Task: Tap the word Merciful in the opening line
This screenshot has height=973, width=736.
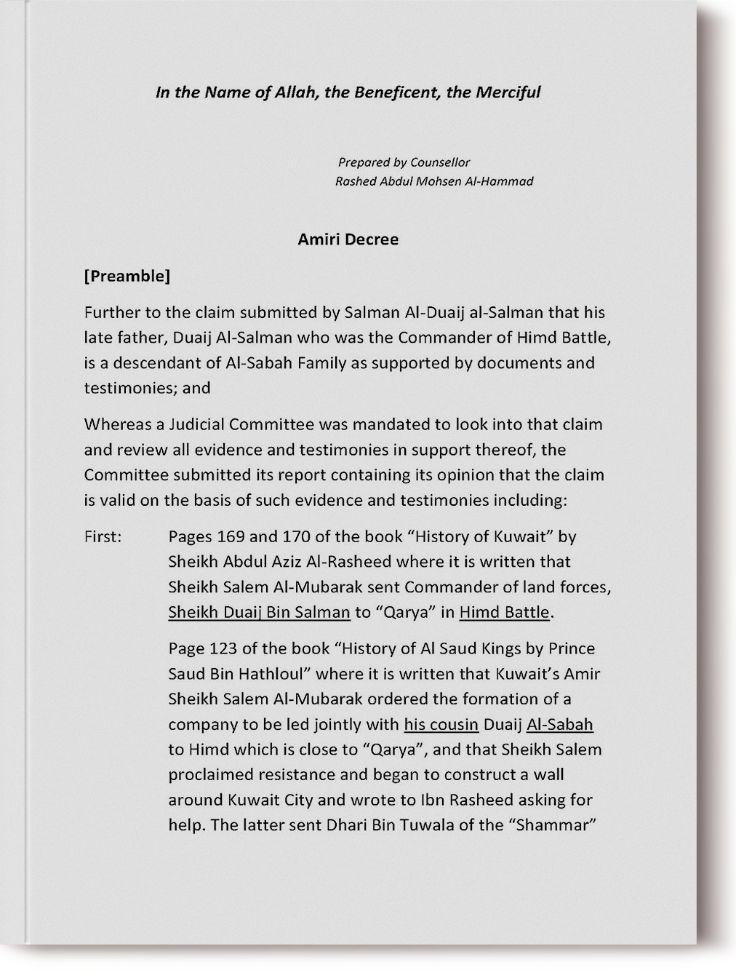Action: coord(508,92)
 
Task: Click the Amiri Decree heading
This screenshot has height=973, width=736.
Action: coord(348,239)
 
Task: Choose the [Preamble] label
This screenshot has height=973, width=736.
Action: coord(127,276)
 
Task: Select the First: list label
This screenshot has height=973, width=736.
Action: coord(103,536)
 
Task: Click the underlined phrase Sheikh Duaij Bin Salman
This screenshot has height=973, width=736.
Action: coord(259,612)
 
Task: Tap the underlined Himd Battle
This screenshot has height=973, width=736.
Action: coord(505,612)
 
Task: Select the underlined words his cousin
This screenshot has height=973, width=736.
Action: coord(441,724)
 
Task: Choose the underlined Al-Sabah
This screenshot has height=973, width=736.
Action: coord(559,724)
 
